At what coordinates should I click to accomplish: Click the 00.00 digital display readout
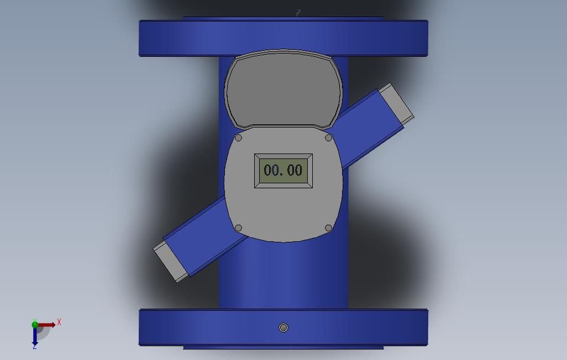pyautogui.click(x=283, y=170)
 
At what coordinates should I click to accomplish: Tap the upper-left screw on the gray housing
pyautogui.click(x=239, y=137)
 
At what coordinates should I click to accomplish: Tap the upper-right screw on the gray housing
pyautogui.click(x=328, y=137)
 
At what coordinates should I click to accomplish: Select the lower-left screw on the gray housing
pyautogui.click(x=239, y=228)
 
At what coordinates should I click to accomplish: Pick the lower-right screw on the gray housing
pyautogui.click(x=328, y=228)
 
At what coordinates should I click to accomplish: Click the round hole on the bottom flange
pyautogui.click(x=283, y=328)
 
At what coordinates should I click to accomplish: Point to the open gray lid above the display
pyautogui.click(x=283, y=88)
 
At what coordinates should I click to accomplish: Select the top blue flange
pyautogui.click(x=283, y=38)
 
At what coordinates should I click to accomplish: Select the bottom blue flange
pyautogui.click(x=221, y=328)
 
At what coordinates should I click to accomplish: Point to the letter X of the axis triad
pyautogui.click(x=59, y=322)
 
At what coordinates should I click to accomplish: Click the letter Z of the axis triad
pyautogui.click(x=34, y=347)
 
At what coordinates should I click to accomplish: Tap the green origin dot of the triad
pyautogui.click(x=35, y=324)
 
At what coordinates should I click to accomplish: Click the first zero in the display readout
pyautogui.click(x=268, y=170)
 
